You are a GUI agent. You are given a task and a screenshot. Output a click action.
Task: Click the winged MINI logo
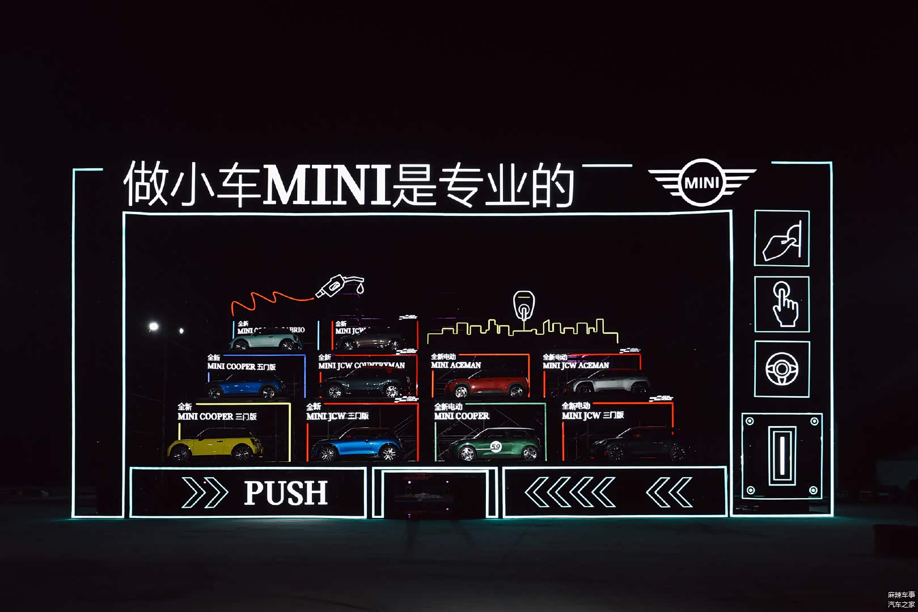tap(702, 182)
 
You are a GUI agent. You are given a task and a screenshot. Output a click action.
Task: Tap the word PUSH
tap(286, 492)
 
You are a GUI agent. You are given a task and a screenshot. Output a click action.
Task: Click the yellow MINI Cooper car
tap(216, 444)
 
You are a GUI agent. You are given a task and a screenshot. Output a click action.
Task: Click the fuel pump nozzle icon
tap(340, 285)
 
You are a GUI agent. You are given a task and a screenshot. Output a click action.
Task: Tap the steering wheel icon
tap(782, 369)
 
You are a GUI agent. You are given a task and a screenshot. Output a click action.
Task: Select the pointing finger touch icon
tap(783, 304)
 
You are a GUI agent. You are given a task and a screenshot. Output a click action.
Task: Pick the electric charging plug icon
tap(524, 306)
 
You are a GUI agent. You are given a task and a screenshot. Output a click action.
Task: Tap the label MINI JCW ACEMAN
tap(576, 365)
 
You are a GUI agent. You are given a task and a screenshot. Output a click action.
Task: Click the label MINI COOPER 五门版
tap(242, 367)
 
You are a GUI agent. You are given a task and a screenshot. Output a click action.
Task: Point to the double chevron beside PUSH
tap(204, 492)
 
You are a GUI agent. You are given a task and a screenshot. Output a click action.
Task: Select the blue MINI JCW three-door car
tap(357, 444)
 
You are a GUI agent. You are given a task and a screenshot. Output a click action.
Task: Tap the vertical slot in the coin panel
tap(782, 456)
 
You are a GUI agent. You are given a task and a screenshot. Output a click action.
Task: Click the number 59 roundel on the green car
tap(496, 447)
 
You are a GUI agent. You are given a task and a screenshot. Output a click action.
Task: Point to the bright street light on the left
tap(153, 326)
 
